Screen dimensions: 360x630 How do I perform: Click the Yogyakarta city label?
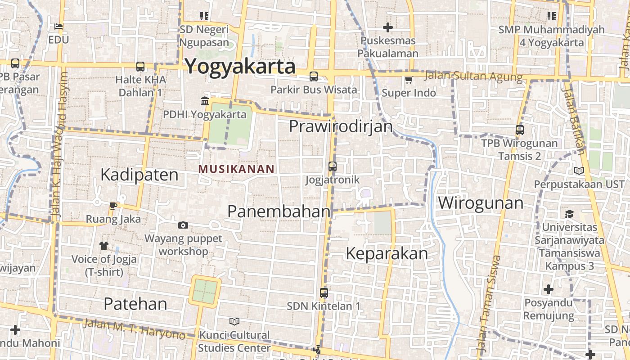(240, 67)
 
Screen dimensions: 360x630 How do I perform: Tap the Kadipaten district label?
(139, 175)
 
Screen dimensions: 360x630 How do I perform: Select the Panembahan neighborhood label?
(279, 211)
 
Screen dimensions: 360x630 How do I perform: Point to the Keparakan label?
(387, 254)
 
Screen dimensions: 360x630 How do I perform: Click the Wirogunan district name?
(481, 203)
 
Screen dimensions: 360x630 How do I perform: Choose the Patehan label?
(135, 304)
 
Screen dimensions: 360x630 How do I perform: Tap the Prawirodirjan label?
(341, 126)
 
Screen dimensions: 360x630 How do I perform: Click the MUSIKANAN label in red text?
(236, 169)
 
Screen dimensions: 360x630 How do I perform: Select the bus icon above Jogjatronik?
(333, 166)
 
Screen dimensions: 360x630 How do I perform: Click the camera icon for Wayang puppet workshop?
(183, 225)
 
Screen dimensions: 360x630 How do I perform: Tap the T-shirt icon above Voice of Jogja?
(104, 246)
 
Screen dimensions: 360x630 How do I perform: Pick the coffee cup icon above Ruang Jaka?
(113, 206)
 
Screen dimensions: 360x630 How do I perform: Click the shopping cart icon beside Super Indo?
(409, 80)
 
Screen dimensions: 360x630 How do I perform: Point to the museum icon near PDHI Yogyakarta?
(205, 101)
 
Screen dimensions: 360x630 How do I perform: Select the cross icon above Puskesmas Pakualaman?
(388, 27)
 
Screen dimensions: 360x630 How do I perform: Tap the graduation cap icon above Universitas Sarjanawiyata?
(569, 214)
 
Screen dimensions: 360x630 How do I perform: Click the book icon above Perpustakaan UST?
(579, 171)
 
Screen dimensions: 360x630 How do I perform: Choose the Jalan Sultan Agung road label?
(473, 76)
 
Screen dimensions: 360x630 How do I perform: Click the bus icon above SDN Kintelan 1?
(324, 293)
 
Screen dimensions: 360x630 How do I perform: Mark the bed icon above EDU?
(58, 27)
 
